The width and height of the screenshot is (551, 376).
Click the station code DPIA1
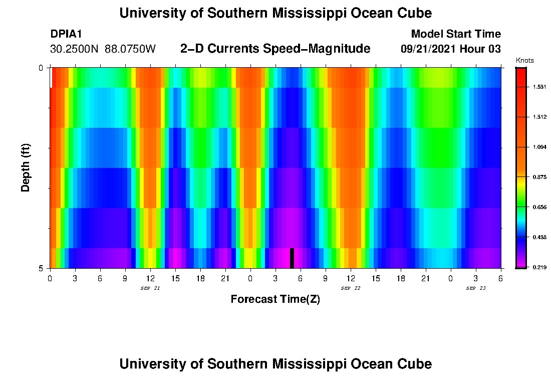tap(66, 34)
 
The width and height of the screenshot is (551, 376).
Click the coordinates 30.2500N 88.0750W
tap(103, 49)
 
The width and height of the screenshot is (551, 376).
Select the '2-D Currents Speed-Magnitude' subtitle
tap(275, 49)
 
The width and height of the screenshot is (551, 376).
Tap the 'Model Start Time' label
tap(455, 34)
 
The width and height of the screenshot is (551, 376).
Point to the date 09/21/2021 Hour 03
tap(450, 49)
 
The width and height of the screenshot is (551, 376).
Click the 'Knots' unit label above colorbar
tap(524, 60)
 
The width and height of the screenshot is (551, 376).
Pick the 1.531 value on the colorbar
tap(539, 87)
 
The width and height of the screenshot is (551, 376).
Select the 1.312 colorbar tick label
tap(539, 117)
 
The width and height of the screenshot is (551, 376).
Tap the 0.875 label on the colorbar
tap(539, 177)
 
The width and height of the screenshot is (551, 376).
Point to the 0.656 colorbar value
tap(539, 207)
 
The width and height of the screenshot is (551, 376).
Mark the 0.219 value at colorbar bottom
tap(539, 267)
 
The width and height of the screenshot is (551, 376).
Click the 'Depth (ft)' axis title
tap(26, 167)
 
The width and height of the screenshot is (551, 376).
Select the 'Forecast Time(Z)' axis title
tap(275, 299)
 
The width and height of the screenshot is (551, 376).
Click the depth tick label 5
tap(41, 268)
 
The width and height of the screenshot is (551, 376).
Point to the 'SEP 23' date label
tap(475, 288)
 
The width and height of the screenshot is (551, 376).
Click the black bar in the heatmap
tap(292, 258)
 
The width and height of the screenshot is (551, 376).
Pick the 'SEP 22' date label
tap(350, 288)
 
